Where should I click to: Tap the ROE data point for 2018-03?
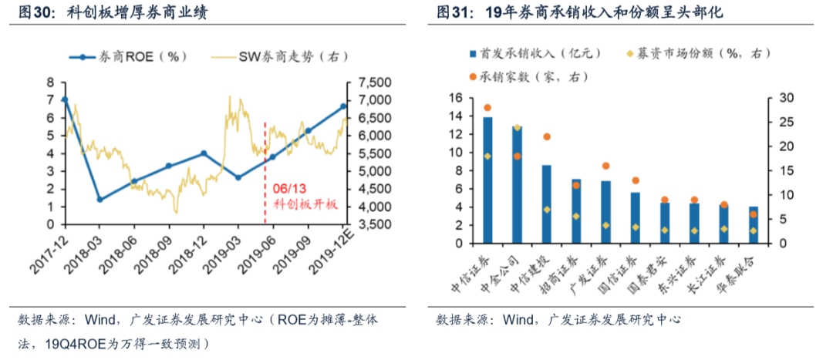99,199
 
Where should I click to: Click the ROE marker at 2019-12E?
343,106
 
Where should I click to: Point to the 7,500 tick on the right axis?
373,82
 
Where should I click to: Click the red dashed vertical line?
265,154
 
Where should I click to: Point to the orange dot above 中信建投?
547,136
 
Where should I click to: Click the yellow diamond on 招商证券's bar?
575,216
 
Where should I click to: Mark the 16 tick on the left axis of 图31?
454,98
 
